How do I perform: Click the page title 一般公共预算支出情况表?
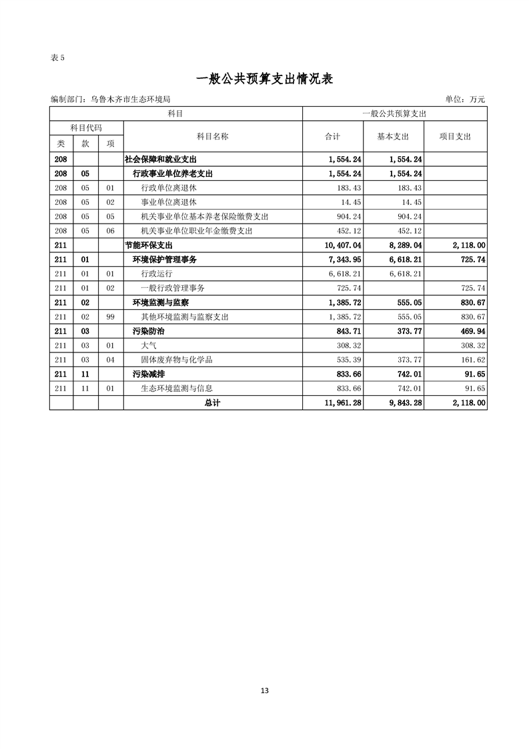(x=265, y=79)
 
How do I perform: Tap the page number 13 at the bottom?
(x=265, y=690)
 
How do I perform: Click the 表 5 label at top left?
(x=57, y=57)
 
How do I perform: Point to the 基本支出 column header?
(x=393, y=136)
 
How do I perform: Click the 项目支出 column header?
(x=455, y=136)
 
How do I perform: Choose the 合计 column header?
(x=332, y=136)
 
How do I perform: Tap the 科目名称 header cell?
(x=213, y=136)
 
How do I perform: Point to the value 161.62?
(x=472, y=360)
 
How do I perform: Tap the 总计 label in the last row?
(x=213, y=403)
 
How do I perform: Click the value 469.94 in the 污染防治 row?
(x=472, y=331)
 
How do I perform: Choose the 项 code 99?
(x=111, y=316)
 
